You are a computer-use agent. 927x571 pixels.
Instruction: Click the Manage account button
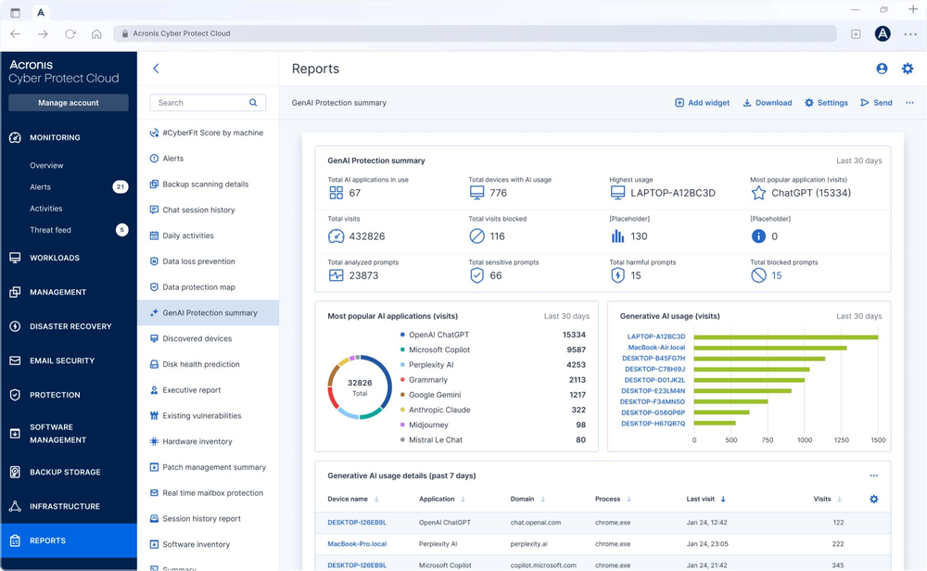point(69,103)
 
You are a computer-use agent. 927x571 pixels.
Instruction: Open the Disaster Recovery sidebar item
point(70,326)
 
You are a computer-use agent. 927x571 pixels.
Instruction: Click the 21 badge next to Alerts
point(121,187)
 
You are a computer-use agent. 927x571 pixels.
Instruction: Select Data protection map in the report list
point(198,287)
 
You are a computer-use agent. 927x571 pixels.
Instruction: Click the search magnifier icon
point(253,103)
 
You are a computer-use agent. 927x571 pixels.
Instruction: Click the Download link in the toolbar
point(767,103)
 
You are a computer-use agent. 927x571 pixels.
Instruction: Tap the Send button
point(876,103)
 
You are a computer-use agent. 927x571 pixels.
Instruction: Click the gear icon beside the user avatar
point(908,69)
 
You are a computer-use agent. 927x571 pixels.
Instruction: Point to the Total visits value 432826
point(367,236)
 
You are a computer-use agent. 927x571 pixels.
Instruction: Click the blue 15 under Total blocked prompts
point(777,275)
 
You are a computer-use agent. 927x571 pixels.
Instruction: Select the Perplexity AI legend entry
point(431,365)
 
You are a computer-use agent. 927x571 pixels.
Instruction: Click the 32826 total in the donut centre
point(360,383)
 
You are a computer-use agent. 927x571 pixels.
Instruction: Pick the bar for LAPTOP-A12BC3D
point(785,337)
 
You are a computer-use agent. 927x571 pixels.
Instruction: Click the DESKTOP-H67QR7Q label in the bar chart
point(653,424)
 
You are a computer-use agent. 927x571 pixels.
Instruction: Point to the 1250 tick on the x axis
point(842,440)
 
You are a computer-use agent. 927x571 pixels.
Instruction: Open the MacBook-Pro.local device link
point(357,544)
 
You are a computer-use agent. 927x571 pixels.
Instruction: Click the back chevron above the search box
point(156,69)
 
